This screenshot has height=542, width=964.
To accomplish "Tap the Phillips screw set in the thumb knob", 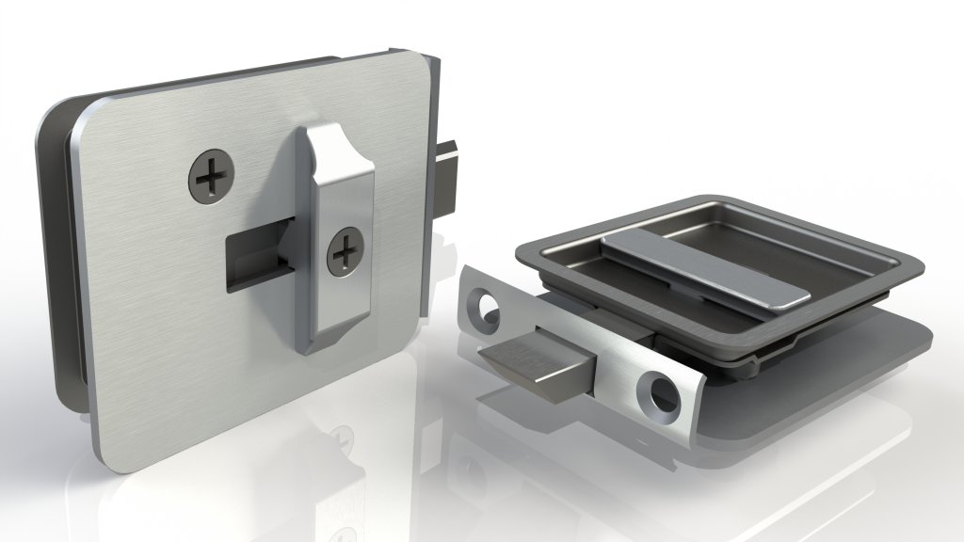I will coord(345,251).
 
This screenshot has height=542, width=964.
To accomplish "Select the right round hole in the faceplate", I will coord(659,393).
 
